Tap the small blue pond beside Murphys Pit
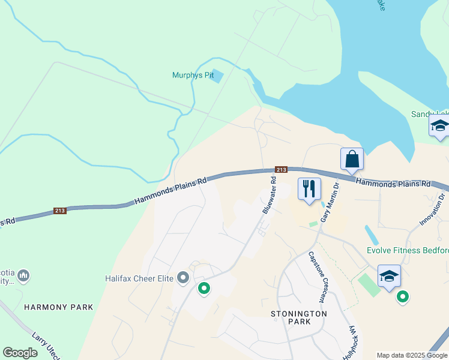click(x=217, y=76)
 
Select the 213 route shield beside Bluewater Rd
click(x=282, y=170)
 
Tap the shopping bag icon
click(x=352, y=160)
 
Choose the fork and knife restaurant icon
click(x=309, y=189)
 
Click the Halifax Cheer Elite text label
click(x=139, y=278)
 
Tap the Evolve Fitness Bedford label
click(x=408, y=250)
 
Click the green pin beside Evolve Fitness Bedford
click(x=403, y=296)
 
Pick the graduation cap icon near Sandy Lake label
click(x=439, y=127)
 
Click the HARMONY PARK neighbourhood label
click(x=59, y=307)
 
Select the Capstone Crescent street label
click(x=318, y=276)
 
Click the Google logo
click(x=20, y=353)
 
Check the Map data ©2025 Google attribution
click(x=412, y=355)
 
